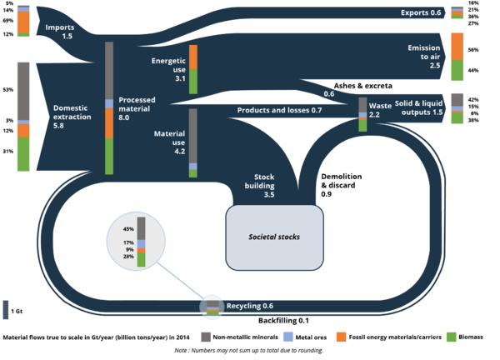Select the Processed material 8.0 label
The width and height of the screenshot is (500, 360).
137,108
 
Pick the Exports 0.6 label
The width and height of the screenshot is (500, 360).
419,12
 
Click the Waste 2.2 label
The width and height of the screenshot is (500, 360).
380,110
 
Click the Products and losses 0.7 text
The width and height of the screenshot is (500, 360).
279,110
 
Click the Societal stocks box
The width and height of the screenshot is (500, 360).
274,237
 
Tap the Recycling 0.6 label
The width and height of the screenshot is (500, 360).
250,307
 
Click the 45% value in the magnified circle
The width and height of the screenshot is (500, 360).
128,228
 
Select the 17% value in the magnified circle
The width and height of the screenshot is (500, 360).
128,242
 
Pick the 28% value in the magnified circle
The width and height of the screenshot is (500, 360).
128,257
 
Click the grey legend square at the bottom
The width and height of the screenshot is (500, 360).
206,337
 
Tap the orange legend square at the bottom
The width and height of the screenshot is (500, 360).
341,337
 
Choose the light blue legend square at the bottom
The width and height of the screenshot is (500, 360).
287,337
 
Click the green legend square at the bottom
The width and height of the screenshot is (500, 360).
451,337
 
